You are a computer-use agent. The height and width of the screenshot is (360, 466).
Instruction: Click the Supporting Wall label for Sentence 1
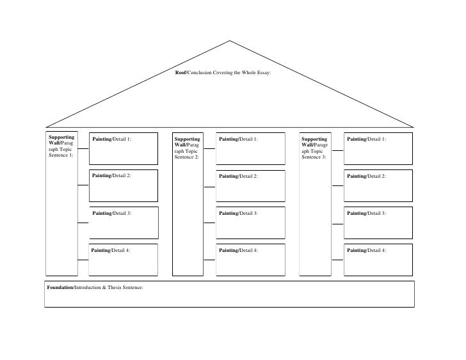point(61,146)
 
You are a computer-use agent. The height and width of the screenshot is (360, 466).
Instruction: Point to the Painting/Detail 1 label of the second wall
point(238,139)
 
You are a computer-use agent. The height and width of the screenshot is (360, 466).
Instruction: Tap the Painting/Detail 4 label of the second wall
point(238,250)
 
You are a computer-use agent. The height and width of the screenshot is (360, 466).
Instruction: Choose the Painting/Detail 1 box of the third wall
point(378,148)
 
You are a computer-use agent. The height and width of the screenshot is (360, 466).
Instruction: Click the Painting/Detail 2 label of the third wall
point(366,175)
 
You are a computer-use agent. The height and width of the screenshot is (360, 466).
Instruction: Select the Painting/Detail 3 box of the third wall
point(378,222)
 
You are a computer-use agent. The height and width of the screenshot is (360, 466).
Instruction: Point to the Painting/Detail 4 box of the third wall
point(378,259)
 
